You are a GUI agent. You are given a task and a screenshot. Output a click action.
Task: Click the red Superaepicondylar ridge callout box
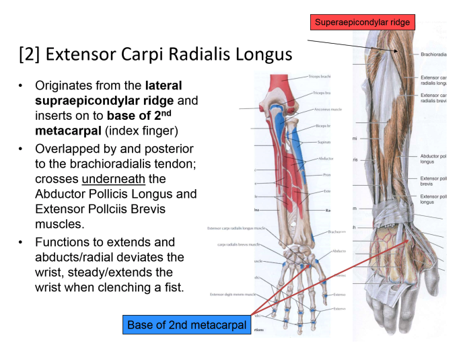(363, 22)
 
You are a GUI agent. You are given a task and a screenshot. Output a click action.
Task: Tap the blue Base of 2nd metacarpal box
(186, 326)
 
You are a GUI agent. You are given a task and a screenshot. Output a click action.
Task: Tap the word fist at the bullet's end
(170, 287)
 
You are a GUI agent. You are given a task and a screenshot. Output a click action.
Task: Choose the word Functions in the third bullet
(66, 242)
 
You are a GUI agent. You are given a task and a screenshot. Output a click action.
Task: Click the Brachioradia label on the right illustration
(433, 55)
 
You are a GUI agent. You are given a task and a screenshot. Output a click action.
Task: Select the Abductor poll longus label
(433, 158)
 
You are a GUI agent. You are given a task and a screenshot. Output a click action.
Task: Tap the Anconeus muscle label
(328, 108)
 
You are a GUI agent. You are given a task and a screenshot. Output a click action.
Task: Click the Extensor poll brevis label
(433, 181)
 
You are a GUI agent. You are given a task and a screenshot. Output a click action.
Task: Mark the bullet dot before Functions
(21, 242)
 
